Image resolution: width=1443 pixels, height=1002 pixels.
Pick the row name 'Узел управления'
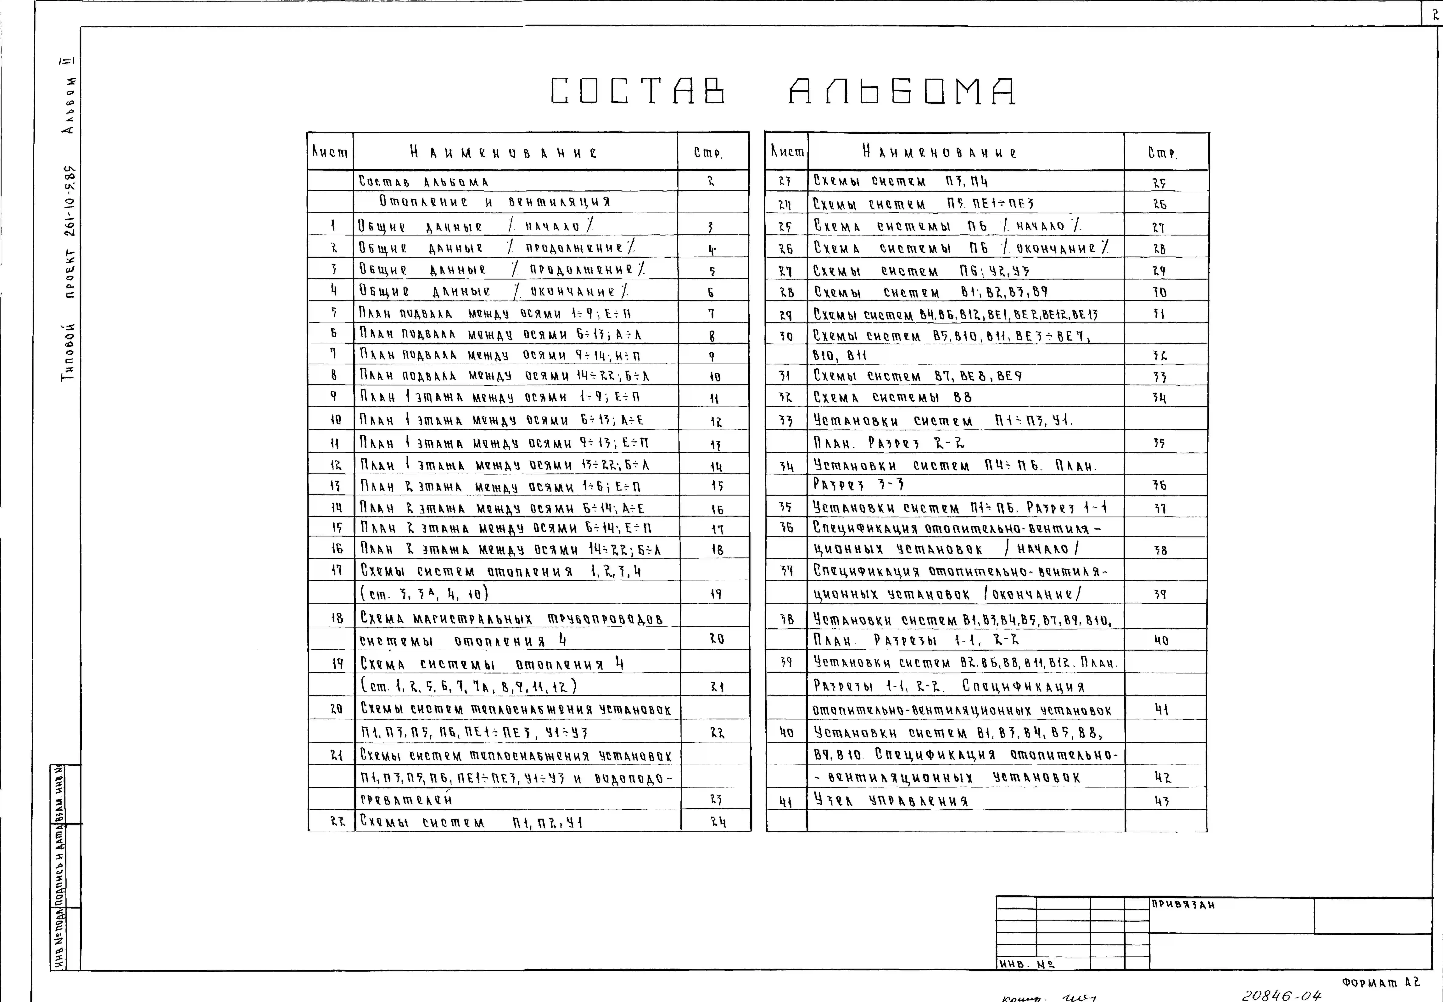(x=890, y=800)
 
